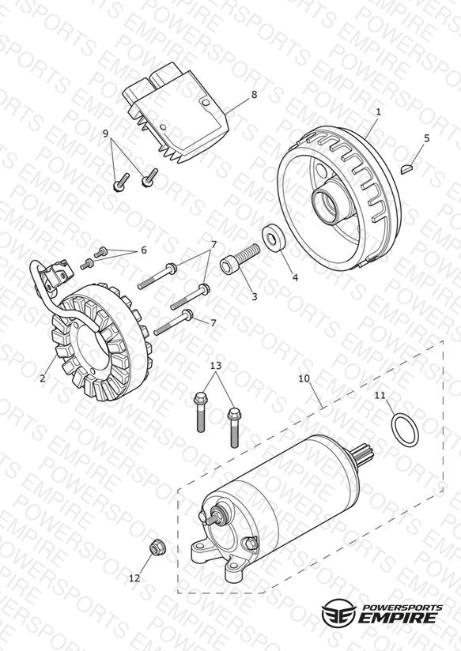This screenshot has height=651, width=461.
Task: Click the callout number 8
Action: point(254,95)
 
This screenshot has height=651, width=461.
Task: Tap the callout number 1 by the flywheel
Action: point(378,112)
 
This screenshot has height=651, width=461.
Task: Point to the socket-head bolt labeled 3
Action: point(240,259)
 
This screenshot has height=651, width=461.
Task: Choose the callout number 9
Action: point(106,134)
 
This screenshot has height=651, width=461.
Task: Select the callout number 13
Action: point(216,366)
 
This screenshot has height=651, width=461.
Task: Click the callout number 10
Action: point(304,378)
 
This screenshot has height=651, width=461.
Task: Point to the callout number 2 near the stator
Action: point(43,378)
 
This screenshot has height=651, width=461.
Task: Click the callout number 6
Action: point(144,250)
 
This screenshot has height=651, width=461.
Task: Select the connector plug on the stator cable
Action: point(58,271)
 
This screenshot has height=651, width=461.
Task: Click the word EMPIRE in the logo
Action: point(398,618)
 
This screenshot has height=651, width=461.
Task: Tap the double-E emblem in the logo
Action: point(339,612)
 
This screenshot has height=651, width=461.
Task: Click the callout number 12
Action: point(134,578)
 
